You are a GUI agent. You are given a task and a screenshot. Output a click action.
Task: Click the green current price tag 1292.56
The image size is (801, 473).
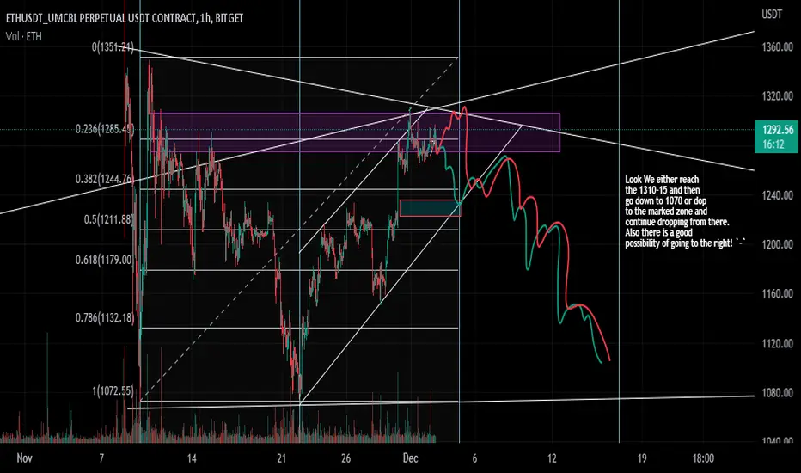(x=775, y=137)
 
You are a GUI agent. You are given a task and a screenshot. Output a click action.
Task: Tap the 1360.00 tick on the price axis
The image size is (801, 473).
(x=778, y=47)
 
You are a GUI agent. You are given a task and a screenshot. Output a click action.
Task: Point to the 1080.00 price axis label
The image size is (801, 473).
(x=778, y=393)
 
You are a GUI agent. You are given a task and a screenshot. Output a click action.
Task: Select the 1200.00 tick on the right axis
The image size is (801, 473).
(x=778, y=244)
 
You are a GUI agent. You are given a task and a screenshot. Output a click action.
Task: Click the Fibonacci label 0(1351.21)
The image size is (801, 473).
(x=113, y=47)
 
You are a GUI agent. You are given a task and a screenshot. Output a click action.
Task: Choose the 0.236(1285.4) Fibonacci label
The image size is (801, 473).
(x=105, y=129)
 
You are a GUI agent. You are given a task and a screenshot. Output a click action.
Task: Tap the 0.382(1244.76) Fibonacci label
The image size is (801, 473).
(x=104, y=179)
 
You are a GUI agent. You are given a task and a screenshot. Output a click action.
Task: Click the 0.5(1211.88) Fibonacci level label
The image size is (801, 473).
(x=108, y=220)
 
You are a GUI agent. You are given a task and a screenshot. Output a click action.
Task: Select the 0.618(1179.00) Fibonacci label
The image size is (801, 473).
(x=104, y=260)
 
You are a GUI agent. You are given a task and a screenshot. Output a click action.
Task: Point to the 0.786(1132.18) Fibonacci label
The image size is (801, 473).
(x=104, y=318)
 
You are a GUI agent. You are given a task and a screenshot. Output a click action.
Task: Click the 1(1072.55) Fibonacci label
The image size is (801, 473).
(x=113, y=391)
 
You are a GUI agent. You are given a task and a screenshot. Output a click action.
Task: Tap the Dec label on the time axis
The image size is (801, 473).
(x=410, y=458)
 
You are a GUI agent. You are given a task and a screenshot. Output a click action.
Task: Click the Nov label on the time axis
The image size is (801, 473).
(x=25, y=458)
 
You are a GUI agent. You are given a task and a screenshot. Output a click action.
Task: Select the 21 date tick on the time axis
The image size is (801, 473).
(x=282, y=458)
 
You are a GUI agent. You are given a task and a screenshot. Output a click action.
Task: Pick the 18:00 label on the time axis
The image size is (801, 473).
(x=703, y=458)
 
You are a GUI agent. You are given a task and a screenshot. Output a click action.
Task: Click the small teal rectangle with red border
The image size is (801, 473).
(x=430, y=207)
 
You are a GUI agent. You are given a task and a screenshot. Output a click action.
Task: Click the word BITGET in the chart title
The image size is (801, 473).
(x=229, y=18)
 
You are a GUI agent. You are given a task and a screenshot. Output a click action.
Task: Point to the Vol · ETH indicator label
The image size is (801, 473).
(x=24, y=36)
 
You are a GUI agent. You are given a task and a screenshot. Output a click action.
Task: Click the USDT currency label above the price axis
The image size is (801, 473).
(x=772, y=15)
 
